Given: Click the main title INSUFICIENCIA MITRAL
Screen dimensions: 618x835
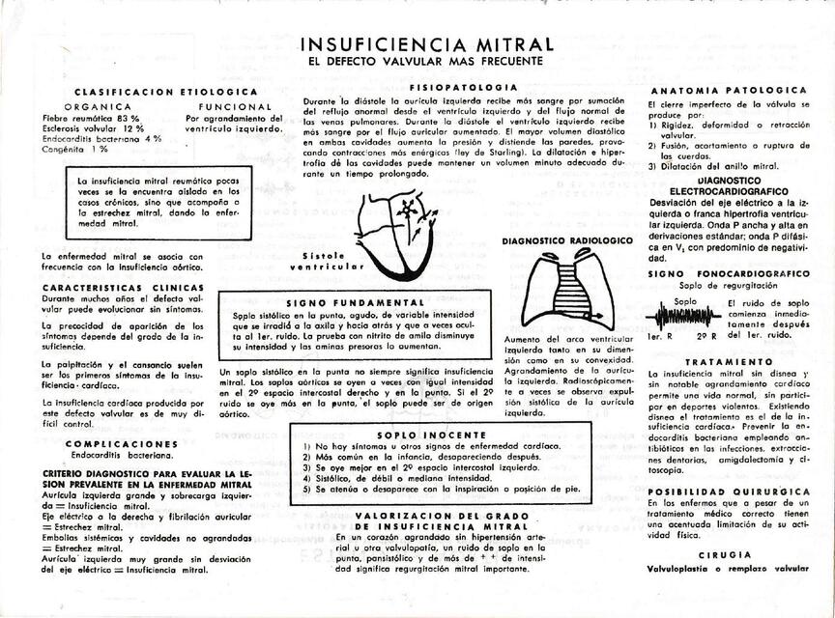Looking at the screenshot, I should (427, 44).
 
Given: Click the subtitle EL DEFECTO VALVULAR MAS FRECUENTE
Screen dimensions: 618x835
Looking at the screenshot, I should (426, 62).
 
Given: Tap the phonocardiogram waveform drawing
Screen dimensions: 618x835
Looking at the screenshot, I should (689, 317).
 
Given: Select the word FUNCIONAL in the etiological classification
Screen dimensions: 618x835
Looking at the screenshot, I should (230, 106).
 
